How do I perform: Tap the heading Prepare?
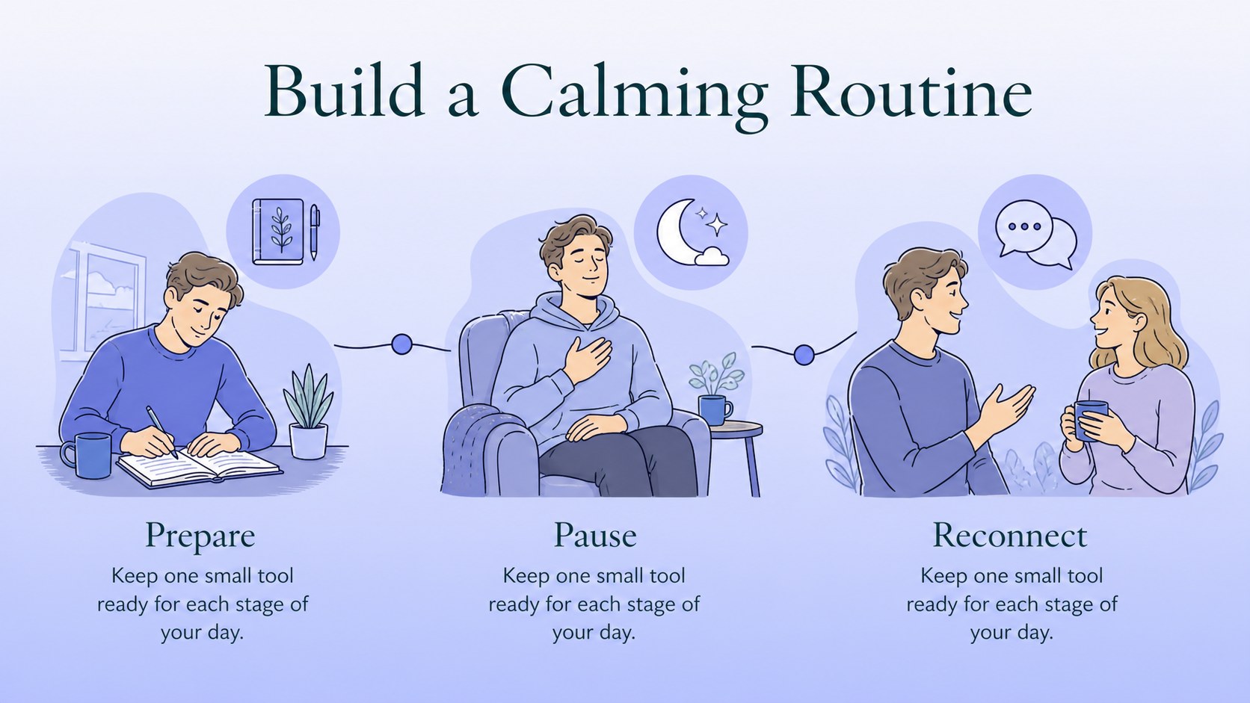200,536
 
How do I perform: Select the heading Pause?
595,535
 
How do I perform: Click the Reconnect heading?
1010,535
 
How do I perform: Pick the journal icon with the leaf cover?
278,232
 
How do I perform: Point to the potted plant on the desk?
308,412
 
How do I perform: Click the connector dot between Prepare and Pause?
401,344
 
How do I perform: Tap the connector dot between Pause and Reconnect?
804,354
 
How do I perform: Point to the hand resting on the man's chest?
587,359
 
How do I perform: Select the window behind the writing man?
106,301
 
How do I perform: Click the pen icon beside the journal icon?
315,232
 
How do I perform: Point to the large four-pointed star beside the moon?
716,225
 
